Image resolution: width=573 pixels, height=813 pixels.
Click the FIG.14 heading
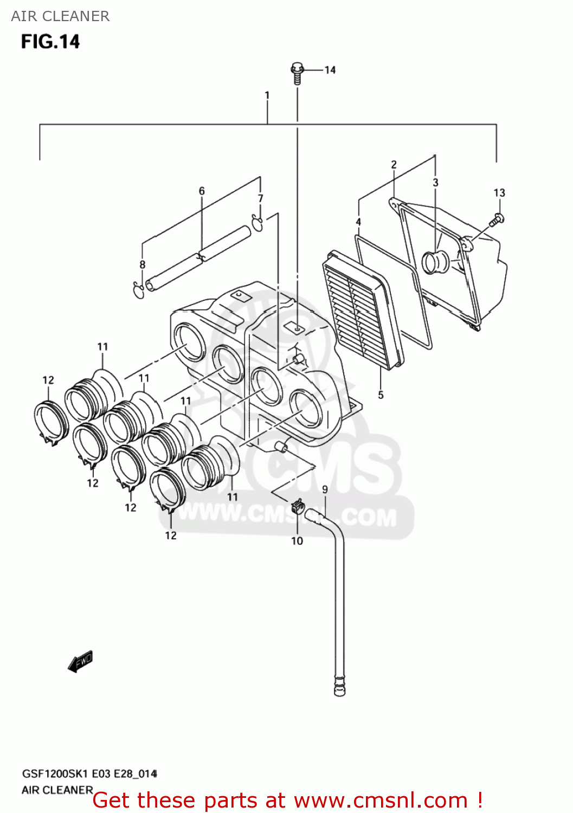pos(50,42)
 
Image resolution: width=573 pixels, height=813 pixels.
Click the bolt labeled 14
pos(297,73)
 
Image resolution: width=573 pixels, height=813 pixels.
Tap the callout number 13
pos(499,193)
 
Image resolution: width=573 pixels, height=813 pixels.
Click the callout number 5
pos(381,395)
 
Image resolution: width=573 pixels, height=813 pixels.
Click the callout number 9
pos(325,489)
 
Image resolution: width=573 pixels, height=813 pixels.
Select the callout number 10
pos(297,541)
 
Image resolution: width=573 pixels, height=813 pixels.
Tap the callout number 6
pos(202,191)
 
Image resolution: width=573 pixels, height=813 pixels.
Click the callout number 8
pos(143,264)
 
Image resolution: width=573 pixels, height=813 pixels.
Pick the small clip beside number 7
pos(257,222)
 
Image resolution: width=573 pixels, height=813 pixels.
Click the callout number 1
pos(267,95)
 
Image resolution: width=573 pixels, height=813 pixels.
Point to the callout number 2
pos(394,164)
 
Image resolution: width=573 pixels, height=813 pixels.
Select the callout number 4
pos(358,222)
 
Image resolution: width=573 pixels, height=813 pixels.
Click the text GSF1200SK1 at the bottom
pos(54,774)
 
